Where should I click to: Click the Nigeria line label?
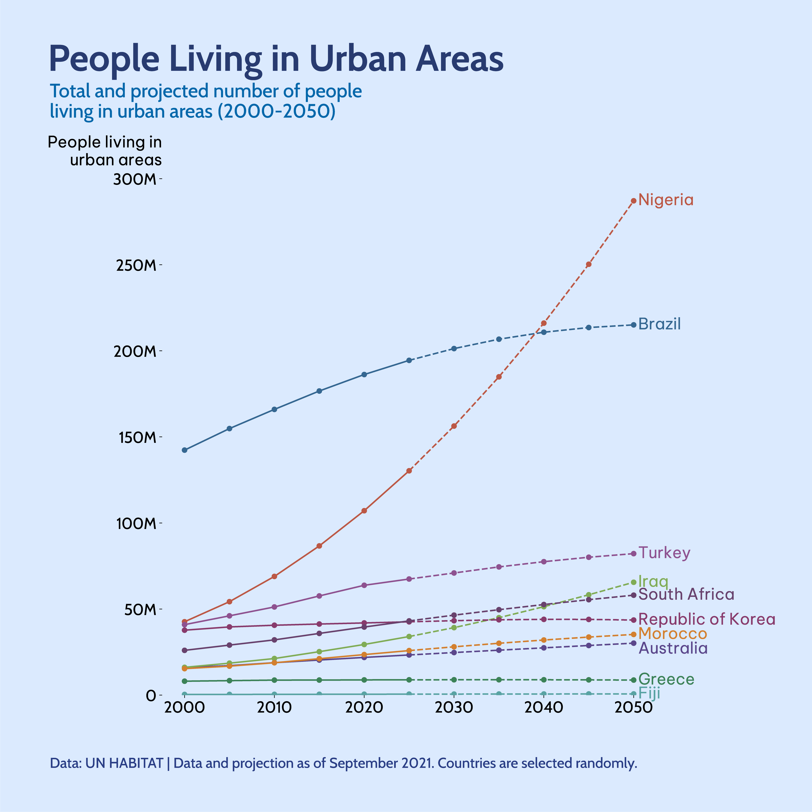point(666,200)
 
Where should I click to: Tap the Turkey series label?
point(664,553)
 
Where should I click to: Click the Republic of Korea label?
point(706,620)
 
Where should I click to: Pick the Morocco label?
point(672,634)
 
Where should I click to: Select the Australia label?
point(673,648)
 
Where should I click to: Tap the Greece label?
point(666,680)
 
